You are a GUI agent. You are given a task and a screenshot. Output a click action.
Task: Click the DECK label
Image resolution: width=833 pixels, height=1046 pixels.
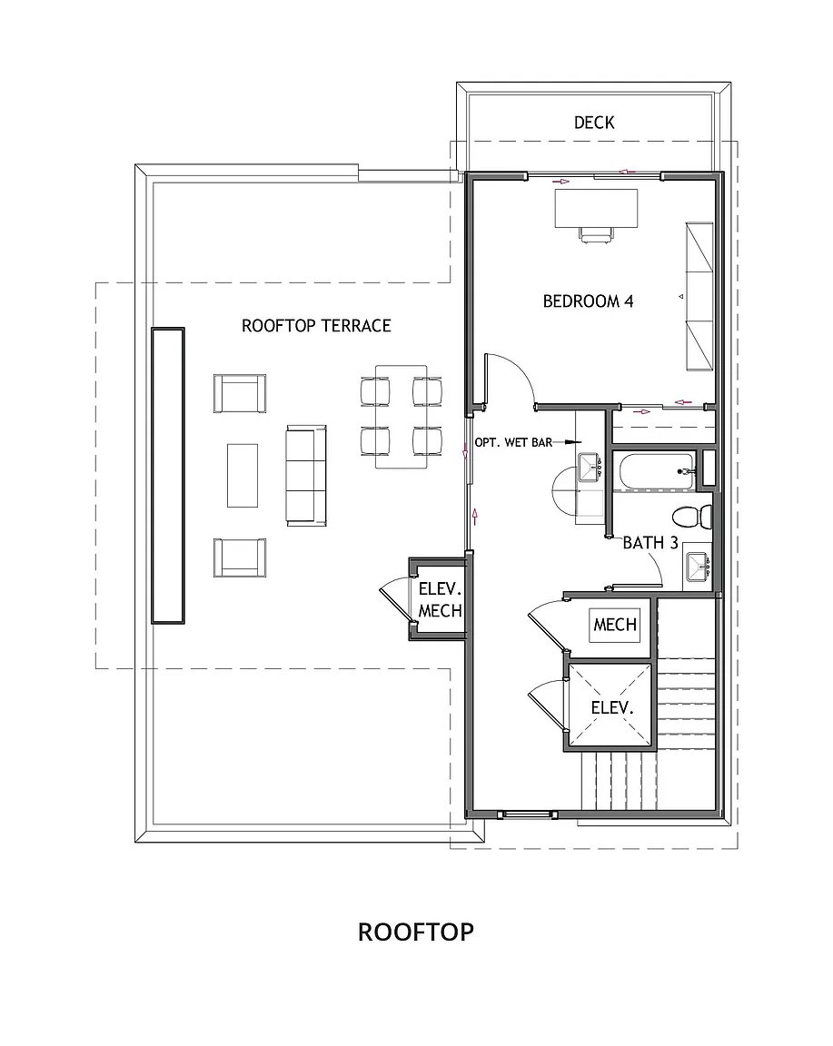(594, 122)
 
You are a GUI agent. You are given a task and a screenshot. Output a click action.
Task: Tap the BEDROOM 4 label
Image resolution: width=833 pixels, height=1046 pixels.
(588, 301)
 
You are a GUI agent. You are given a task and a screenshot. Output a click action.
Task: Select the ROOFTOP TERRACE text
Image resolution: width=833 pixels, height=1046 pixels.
(316, 325)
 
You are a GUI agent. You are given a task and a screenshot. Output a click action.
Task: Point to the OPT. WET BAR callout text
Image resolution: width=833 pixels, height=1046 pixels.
(511, 443)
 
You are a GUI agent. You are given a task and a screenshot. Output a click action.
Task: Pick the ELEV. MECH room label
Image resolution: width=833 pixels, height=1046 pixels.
(440, 599)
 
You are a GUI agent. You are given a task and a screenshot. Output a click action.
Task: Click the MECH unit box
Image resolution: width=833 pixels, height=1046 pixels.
(615, 625)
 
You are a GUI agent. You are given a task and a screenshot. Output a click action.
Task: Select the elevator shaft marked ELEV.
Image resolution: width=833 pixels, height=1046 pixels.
(610, 706)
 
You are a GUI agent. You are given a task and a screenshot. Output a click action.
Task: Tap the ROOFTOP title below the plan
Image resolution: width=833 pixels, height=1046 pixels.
(415, 932)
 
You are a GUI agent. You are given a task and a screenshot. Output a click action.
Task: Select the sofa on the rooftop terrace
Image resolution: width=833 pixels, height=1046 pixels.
(306, 474)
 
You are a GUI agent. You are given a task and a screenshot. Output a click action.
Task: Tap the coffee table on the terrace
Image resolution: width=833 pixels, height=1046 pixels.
(243, 475)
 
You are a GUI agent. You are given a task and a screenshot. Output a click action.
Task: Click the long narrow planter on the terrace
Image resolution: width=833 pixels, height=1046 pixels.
(168, 475)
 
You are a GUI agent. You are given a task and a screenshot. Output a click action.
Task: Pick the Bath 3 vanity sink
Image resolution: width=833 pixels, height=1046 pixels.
(698, 567)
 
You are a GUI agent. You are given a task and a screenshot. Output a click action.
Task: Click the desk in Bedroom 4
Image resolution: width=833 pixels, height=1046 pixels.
(596, 207)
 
